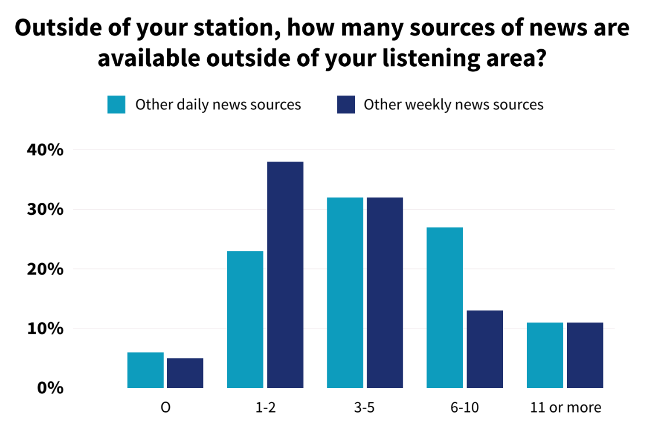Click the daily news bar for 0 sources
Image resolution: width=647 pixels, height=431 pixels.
pyautogui.click(x=145, y=370)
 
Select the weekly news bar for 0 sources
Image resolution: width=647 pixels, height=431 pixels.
pyautogui.click(x=185, y=373)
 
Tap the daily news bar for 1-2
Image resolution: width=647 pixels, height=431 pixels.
pyautogui.click(x=245, y=319)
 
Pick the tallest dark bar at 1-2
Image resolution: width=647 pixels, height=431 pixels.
pyautogui.click(x=285, y=275)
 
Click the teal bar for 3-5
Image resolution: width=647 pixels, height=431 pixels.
pyautogui.click(x=345, y=293)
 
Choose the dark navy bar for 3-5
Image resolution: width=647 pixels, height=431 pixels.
pyautogui.click(x=385, y=293)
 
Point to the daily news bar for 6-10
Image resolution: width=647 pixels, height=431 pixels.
pyautogui.click(x=445, y=308)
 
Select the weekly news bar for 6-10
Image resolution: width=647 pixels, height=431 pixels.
pyautogui.click(x=485, y=349)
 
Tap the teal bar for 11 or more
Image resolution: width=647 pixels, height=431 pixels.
pyautogui.click(x=545, y=355)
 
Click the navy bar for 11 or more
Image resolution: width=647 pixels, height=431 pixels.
pyautogui.click(x=585, y=355)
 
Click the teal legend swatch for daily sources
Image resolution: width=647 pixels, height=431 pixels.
pyautogui.click(x=117, y=105)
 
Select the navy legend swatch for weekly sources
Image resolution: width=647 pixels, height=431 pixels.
pyautogui.click(x=346, y=105)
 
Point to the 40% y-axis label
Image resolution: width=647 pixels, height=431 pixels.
pyautogui.click(x=45, y=150)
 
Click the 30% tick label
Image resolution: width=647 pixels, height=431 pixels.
pyautogui.click(x=45, y=209)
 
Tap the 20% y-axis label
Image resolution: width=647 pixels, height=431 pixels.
pyautogui.click(x=45, y=269)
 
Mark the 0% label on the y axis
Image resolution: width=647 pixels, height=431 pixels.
pyautogui.click(x=50, y=388)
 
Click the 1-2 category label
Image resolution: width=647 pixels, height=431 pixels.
pyautogui.click(x=265, y=407)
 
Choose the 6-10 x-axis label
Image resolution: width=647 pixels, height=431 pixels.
pyautogui.click(x=465, y=407)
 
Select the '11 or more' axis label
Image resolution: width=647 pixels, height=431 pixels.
pyautogui.click(x=565, y=407)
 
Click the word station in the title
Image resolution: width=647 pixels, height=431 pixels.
pyautogui.click(x=236, y=28)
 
